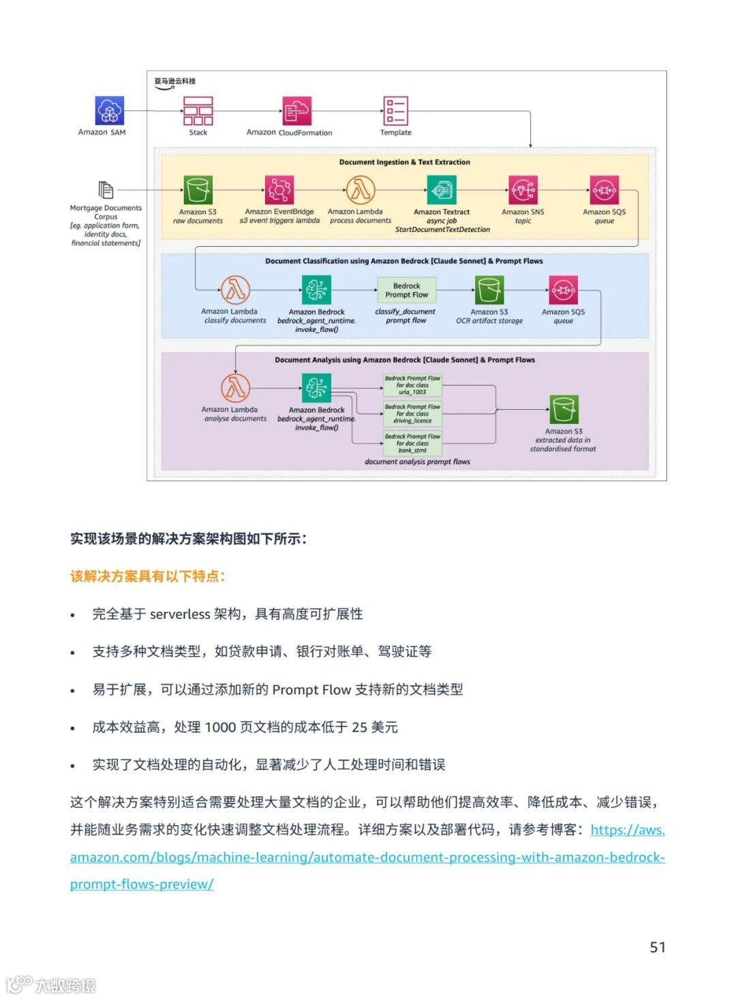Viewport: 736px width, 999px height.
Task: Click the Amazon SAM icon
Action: (x=110, y=111)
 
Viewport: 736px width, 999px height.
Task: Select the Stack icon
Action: (x=198, y=110)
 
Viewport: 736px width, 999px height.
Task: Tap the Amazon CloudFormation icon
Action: (x=296, y=110)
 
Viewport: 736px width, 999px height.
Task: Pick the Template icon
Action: (x=396, y=110)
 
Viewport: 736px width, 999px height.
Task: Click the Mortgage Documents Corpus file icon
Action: (x=106, y=190)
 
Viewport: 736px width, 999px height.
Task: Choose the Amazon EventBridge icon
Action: (x=279, y=190)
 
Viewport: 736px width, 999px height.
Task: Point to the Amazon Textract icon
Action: (x=442, y=190)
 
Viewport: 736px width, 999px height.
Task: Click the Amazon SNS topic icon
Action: (x=523, y=190)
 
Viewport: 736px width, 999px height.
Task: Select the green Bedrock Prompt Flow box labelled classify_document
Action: (x=406, y=290)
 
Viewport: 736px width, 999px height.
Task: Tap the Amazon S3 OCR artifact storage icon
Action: (x=489, y=290)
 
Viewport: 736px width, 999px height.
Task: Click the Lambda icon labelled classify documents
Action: (x=235, y=290)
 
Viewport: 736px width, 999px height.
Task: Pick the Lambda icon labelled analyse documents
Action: (x=235, y=388)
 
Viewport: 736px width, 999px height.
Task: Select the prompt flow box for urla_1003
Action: (x=412, y=385)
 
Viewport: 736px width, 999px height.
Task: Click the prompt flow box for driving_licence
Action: (x=412, y=414)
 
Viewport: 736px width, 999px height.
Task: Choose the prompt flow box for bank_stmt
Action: (x=412, y=443)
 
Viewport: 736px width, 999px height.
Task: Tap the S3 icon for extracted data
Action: (x=564, y=410)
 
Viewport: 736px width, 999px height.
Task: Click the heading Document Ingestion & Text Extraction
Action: (x=404, y=162)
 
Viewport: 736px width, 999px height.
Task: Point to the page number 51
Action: (x=657, y=947)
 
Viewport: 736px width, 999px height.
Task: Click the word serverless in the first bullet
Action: (x=180, y=614)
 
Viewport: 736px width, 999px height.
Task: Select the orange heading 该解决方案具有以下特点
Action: (x=147, y=576)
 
